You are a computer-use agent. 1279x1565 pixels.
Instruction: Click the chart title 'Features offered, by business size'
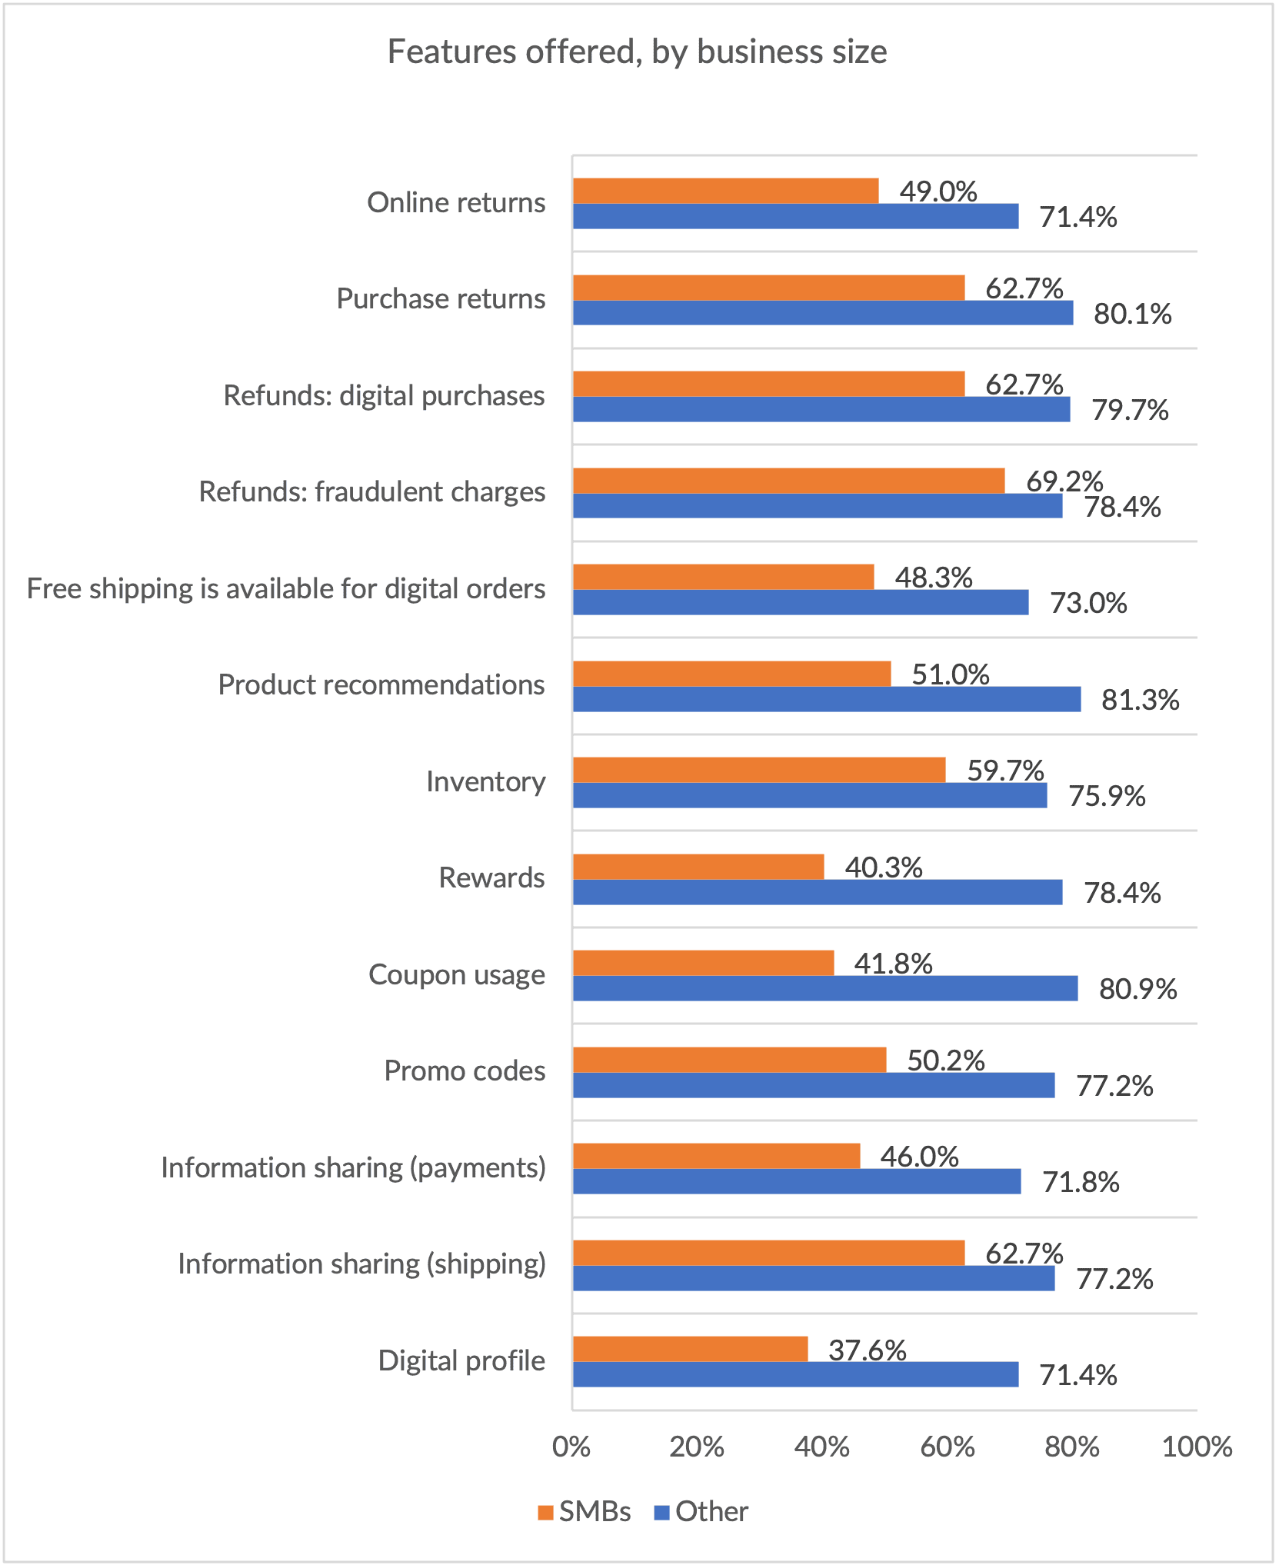pos(637,52)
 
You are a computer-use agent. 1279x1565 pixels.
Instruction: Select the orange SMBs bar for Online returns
pos(725,191)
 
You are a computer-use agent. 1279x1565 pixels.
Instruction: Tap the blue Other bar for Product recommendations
pos(826,699)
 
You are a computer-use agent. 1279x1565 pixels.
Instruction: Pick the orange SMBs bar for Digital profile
pos(690,1349)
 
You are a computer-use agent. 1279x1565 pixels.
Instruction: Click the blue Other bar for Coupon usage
pos(824,988)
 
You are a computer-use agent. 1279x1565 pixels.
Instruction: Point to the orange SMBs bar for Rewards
pos(698,867)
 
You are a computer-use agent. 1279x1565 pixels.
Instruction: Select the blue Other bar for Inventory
pos(809,795)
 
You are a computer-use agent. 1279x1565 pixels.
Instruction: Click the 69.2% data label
pos(1064,481)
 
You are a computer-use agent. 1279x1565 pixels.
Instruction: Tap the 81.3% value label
pos(1140,700)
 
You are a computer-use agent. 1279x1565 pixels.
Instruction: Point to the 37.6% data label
pos(867,1350)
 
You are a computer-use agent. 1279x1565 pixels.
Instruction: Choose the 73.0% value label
pos(1088,603)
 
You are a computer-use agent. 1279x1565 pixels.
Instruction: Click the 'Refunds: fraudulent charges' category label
pos(371,491)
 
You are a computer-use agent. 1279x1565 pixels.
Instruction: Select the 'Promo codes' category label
pos(465,1071)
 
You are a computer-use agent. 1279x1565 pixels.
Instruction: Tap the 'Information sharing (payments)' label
pos(353,1167)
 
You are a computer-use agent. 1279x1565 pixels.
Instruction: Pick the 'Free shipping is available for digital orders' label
pos(285,588)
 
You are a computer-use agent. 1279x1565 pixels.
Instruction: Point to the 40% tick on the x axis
pos(822,1447)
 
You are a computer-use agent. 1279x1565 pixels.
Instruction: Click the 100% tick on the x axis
pos(1197,1447)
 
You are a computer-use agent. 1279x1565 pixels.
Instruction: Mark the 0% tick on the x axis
pos(571,1447)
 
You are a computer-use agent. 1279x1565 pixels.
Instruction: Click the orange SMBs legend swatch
pos(545,1513)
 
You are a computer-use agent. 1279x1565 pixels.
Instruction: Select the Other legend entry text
pos(711,1512)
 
